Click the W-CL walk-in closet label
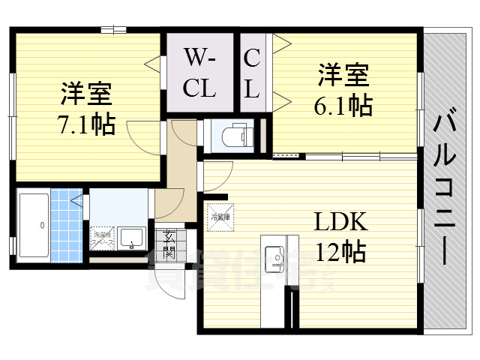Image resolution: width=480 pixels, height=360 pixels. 200,73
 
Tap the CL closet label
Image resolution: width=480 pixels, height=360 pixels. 252,73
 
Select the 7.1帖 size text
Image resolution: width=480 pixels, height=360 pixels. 87,123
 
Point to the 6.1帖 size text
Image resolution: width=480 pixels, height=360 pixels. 343,105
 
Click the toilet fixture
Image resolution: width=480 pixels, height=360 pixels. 238,135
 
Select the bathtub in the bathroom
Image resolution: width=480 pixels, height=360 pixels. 33,224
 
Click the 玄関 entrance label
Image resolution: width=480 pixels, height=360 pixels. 169,244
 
